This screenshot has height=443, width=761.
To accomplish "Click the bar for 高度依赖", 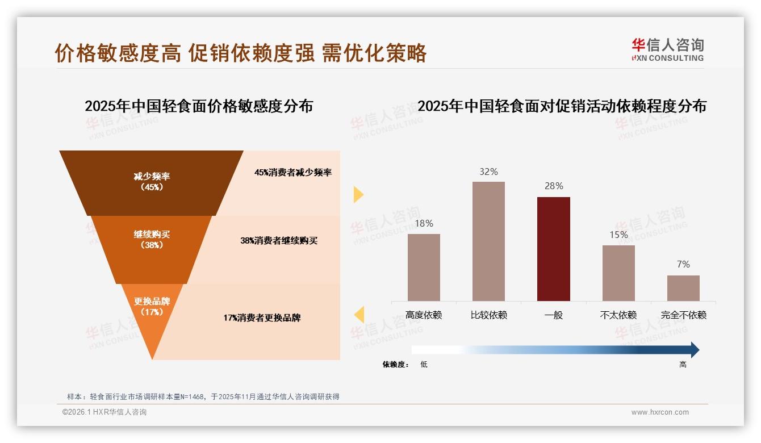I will point(424,267).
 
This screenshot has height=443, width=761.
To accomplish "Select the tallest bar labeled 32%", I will point(488,241).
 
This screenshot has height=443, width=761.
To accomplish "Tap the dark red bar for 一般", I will point(553,249).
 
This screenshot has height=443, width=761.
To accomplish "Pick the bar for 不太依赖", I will point(618,273).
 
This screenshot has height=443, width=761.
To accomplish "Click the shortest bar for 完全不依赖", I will point(683,288).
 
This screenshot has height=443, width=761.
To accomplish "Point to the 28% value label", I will point(553,186).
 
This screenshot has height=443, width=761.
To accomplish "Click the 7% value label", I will point(683,264).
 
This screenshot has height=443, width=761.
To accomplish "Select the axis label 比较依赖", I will point(488,315).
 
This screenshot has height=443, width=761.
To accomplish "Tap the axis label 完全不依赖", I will point(683,315).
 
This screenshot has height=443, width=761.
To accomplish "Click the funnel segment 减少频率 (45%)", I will point(151,182).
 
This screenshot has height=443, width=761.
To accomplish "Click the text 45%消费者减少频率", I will point(292,173).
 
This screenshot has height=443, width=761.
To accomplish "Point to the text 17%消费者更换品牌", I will point(262,318).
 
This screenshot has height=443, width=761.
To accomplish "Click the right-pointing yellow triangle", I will point(358,194).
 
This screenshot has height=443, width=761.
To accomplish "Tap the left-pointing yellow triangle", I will point(359,314).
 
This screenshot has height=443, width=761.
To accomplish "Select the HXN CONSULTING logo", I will point(667,50).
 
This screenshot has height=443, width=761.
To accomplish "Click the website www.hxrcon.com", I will point(660,412).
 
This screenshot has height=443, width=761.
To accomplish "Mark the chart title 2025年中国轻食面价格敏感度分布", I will point(199,106).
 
